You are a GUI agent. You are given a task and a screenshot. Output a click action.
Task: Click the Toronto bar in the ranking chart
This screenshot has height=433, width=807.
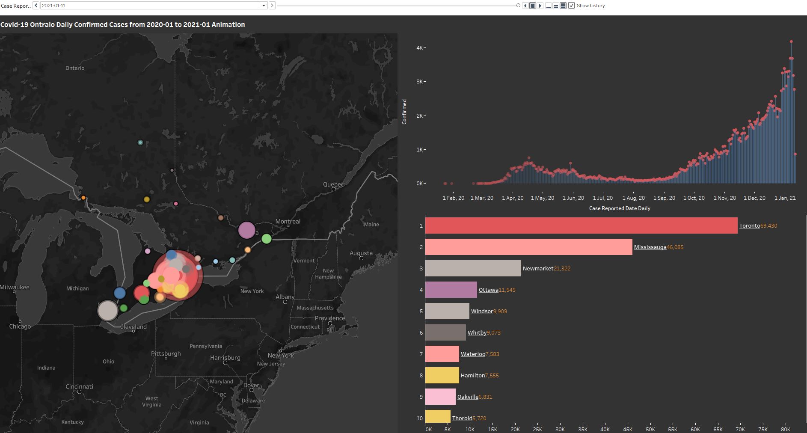click(581, 225)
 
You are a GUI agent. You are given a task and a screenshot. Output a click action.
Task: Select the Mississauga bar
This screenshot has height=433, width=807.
click(528, 247)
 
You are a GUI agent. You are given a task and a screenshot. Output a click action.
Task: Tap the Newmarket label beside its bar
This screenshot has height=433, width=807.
click(538, 268)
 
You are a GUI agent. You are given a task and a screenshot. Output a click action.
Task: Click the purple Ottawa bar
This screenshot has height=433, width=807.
click(451, 290)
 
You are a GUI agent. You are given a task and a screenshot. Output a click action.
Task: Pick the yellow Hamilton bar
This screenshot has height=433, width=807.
click(442, 375)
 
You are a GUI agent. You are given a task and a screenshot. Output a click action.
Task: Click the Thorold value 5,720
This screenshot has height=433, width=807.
click(479, 418)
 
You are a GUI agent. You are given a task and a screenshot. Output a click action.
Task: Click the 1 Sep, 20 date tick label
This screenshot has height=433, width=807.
click(664, 198)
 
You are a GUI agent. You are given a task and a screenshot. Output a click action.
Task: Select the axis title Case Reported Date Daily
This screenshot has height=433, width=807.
click(619, 208)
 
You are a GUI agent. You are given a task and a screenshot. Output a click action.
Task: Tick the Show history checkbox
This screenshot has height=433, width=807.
click(571, 6)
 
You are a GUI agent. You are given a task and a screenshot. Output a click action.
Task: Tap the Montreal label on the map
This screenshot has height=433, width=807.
click(288, 221)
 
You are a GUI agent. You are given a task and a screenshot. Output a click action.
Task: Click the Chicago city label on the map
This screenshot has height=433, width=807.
click(20, 326)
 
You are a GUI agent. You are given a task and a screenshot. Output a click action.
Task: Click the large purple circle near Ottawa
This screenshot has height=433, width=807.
click(246, 230)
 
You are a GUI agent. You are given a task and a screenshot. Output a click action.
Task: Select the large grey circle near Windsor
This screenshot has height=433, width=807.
click(108, 310)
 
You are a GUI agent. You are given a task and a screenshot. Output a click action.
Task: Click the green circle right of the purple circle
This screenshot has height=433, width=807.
click(267, 239)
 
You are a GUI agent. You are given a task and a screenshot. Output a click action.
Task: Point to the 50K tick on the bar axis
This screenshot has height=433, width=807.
click(650, 429)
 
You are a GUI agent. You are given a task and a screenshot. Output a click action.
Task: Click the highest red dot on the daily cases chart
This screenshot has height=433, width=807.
click(791, 42)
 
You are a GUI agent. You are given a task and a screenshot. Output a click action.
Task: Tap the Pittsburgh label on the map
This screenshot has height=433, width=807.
click(166, 353)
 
